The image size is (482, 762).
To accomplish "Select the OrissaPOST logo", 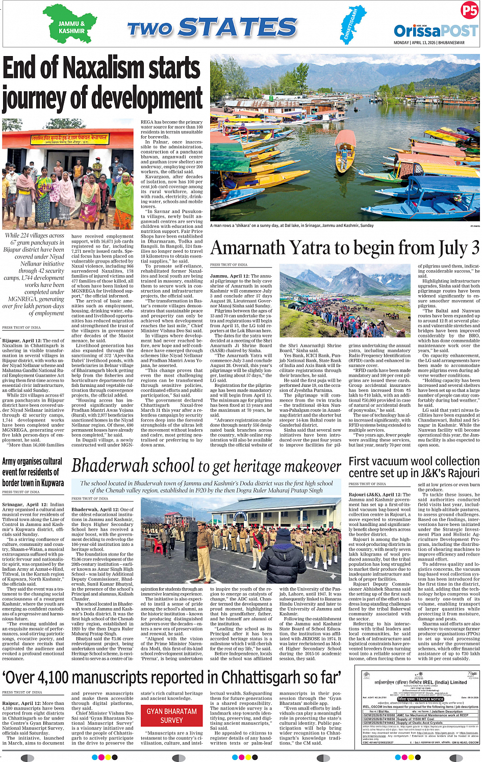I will (x=436, y=31).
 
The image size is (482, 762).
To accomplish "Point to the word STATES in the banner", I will (x=238, y=28).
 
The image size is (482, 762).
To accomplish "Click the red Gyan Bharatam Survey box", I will (x=171, y=716).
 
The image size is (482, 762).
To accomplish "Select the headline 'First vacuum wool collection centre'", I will (x=414, y=467).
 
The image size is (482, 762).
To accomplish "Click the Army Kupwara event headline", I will (x=33, y=472).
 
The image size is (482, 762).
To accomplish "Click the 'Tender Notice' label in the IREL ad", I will (x=414, y=699).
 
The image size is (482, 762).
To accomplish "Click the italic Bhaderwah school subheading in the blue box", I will (x=206, y=487).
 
